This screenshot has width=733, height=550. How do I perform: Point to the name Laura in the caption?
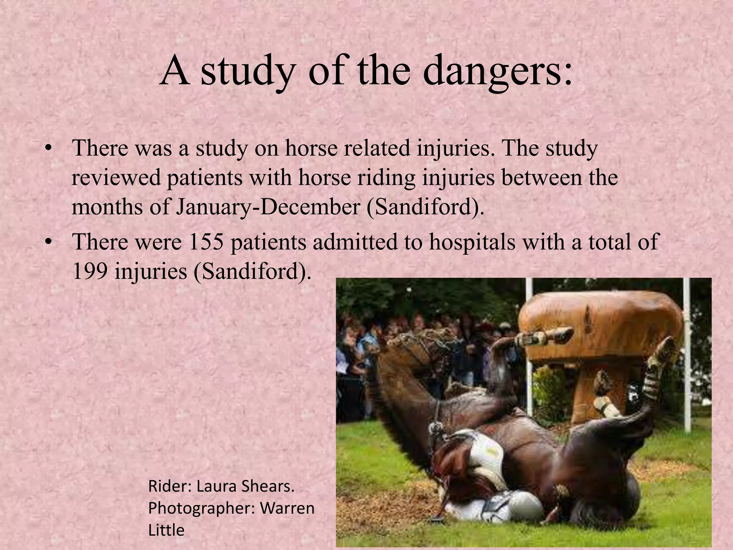tap(217, 487)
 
